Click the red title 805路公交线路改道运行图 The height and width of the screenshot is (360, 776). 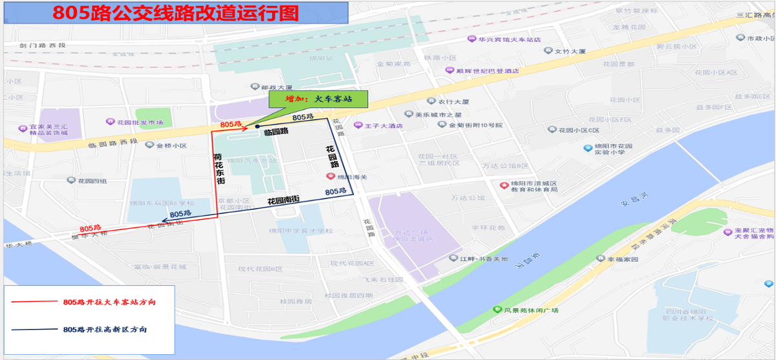click(175, 14)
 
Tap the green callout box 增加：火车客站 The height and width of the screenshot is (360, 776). click(318, 99)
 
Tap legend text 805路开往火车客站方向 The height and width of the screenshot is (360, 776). click(109, 302)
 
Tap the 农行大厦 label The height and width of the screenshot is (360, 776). click(453, 101)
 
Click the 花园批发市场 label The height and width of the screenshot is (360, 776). click(139, 122)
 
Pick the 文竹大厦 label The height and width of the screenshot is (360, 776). click(569, 50)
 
